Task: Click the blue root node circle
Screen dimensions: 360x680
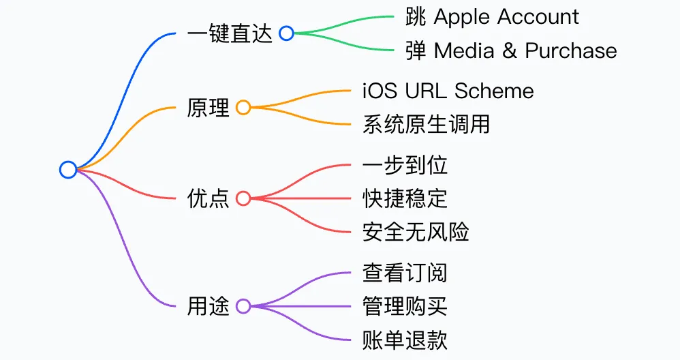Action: [68, 170]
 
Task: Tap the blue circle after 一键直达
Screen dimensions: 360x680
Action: [286, 33]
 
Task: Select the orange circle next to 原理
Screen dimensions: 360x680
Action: [243, 108]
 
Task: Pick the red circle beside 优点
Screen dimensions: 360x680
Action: [243, 198]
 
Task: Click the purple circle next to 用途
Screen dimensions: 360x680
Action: [243, 306]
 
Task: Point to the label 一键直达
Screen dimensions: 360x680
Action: [230, 33]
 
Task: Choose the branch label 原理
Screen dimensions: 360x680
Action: [208, 108]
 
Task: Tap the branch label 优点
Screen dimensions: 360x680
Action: [208, 198]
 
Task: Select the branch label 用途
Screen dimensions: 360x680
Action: [208, 306]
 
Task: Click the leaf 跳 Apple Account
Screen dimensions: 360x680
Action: [492, 16]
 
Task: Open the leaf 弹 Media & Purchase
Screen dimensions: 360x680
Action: [511, 50]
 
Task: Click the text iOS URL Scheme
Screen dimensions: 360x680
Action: [448, 91]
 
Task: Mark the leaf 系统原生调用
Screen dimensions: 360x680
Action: [426, 125]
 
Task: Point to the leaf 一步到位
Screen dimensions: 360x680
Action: [405, 165]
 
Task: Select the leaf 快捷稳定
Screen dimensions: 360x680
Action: [405, 198]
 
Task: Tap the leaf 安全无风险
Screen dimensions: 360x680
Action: [416, 232]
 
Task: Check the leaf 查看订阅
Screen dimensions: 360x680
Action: [405, 273]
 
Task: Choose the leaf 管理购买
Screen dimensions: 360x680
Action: [405, 306]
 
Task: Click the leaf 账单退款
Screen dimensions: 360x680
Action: [405, 340]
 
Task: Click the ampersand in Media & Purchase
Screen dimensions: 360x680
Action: [510, 51]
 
